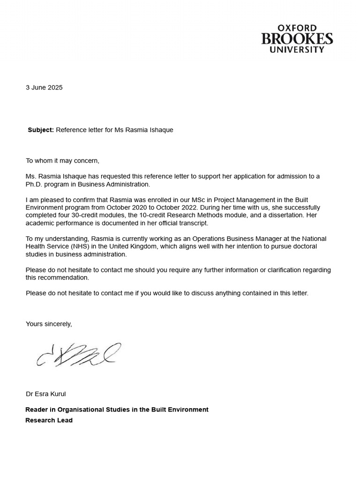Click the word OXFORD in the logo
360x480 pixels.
click(297, 29)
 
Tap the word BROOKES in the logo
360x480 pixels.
click(297, 39)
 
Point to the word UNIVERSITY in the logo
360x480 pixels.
click(297, 49)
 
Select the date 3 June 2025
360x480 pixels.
click(44, 88)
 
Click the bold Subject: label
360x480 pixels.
click(41, 130)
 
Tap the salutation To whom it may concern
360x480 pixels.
click(62, 161)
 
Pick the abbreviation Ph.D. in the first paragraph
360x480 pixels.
click(34, 184)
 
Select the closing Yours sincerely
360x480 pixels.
click(49, 324)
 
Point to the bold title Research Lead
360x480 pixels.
click(49, 420)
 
